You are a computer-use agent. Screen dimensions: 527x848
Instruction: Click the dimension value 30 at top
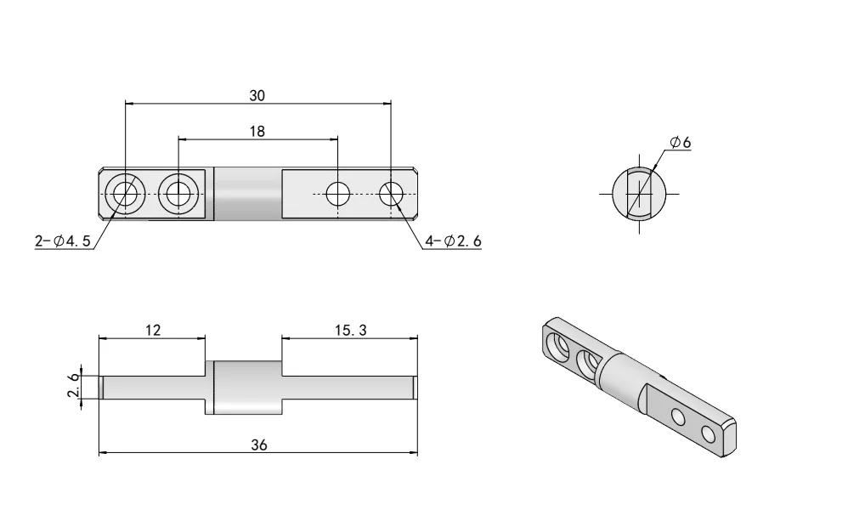[x=257, y=96]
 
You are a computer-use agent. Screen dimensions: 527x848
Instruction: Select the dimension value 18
[x=257, y=131]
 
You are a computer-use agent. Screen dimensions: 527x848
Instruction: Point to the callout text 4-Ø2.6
[x=453, y=241]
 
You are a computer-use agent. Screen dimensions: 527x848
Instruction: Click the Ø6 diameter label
[x=680, y=143]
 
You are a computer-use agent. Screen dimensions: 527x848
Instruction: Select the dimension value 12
[x=153, y=330]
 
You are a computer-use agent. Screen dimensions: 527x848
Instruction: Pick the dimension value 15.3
[x=350, y=330]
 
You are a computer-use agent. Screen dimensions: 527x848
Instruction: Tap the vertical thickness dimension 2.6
[x=73, y=386]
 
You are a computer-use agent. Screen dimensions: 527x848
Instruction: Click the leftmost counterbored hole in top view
[x=125, y=195]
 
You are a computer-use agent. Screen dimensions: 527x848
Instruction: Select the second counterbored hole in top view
[x=178, y=195]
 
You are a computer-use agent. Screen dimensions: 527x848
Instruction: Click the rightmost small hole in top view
[x=391, y=195]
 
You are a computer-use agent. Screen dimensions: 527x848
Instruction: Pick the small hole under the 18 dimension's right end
[x=338, y=195]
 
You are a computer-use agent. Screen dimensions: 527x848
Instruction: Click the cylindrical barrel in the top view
[x=247, y=195]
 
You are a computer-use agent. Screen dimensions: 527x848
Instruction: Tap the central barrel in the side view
[x=247, y=387]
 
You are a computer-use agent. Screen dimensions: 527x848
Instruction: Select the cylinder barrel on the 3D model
[x=620, y=381]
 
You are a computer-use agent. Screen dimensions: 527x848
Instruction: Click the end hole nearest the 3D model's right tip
[x=708, y=435]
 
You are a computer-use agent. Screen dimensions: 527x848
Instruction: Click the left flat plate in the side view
[x=153, y=387]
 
